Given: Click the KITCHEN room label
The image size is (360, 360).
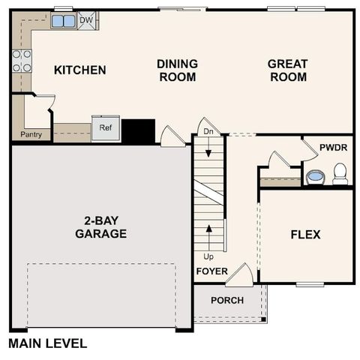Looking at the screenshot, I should point(79,70).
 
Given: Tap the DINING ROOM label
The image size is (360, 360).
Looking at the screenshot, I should point(177,70).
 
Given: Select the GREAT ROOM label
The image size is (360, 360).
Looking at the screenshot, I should point(287,70).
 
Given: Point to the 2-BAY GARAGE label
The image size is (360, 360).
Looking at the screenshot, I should point(100,227).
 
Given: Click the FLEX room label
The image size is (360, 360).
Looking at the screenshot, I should point(305,235).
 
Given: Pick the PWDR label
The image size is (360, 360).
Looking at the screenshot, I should point(333,147).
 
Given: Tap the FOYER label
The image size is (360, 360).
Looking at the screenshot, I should point(211,271).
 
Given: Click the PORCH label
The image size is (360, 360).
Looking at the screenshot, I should point(226,300).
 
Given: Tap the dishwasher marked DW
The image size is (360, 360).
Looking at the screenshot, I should point(86,20).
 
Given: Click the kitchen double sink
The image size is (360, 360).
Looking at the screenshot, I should point(63,21).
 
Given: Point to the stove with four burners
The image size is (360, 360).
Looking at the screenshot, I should point(22,61).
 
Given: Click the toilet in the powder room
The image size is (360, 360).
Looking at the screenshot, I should point(340,174).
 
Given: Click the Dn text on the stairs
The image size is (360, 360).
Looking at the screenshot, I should point(208,133).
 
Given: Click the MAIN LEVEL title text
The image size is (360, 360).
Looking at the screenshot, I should point(47,343).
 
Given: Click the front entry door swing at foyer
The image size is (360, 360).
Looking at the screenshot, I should point(241,274).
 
